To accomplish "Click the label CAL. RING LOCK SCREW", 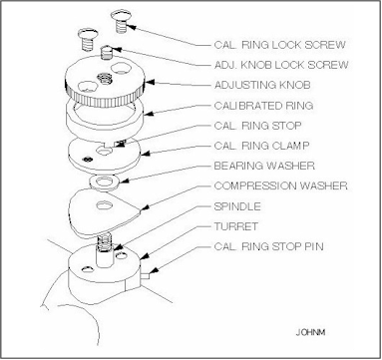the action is (279, 45).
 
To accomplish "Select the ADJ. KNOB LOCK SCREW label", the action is (281, 65).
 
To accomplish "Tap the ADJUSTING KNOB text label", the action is (262, 85).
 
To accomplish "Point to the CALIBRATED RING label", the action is (263, 106).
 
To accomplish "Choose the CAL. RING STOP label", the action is (257, 126).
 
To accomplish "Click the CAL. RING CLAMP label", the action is (261, 146).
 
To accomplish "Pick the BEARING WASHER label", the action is (264, 166).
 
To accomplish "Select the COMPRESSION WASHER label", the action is (280, 185).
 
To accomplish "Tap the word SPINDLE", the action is (237, 206).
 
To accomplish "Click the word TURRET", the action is (235, 226).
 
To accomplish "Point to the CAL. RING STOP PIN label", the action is (268, 246).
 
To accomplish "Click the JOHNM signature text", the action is (310, 332).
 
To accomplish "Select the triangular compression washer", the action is (104, 212).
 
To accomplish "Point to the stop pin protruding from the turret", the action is (146, 275).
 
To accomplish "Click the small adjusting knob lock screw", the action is (106, 52).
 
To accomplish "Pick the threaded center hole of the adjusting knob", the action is (104, 79).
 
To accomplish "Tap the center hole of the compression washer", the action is (104, 205).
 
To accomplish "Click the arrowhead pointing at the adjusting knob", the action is (150, 82).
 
